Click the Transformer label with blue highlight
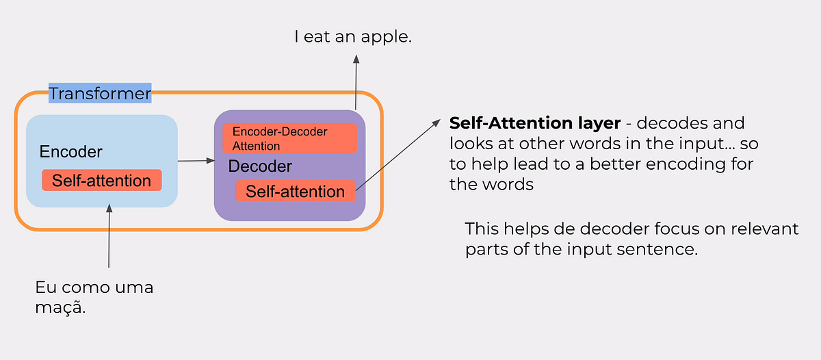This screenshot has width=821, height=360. point(100,93)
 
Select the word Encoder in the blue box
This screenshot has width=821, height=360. point(70,151)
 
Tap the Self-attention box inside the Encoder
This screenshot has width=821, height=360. point(101,181)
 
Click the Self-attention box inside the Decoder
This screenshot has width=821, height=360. point(295,192)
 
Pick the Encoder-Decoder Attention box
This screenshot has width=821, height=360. point(289,138)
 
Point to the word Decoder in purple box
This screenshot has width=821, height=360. point(260,166)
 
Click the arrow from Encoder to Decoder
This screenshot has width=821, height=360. point(196,162)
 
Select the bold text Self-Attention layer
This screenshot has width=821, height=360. point(534,124)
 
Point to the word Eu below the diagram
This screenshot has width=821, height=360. point(44,287)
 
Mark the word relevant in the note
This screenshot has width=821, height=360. point(766,229)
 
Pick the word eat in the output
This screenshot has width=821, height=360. point(322,36)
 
